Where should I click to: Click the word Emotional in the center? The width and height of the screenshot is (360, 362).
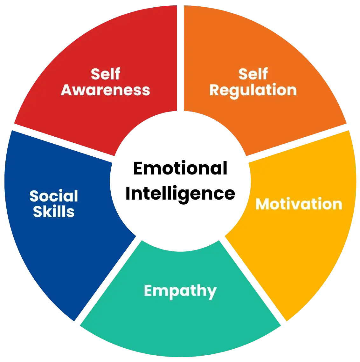pyautogui.click(x=180, y=168)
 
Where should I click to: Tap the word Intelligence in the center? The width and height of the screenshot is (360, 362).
pyautogui.click(x=180, y=194)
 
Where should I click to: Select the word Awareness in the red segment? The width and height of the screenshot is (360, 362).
pyautogui.click(x=105, y=90)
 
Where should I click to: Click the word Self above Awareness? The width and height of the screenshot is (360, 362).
pyautogui.click(x=105, y=74)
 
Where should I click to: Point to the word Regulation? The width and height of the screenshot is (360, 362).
pyautogui.click(x=253, y=91)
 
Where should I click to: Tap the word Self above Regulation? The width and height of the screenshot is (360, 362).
pyautogui.click(x=253, y=74)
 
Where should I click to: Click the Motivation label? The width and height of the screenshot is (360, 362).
pyautogui.click(x=299, y=204)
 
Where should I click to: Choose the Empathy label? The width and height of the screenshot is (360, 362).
pyautogui.click(x=180, y=291)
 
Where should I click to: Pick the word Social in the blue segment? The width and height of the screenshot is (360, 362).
pyautogui.click(x=54, y=196)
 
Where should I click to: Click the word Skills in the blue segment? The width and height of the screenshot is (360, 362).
pyautogui.click(x=54, y=212)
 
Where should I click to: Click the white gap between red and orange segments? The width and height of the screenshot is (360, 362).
pyautogui.click(x=180, y=58)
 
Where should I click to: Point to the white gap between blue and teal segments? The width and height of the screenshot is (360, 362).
pyautogui.click(x=108, y=281)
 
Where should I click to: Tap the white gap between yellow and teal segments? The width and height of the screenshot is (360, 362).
pyautogui.click(x=253, y=281)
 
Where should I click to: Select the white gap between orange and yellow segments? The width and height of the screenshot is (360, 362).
pyautogui.click(x=298, y=143)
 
